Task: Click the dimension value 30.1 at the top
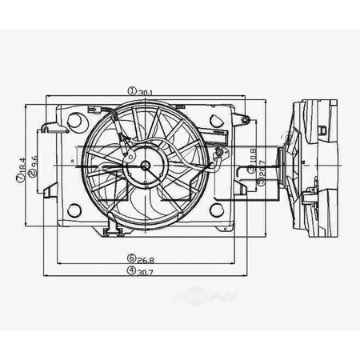tap(146, 92)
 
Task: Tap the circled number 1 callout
tap(131, 92)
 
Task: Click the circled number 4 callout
tap(130, 270)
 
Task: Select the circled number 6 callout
tap(130, 258)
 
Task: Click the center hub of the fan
tap(146, 166)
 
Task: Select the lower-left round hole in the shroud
tap(74, 210)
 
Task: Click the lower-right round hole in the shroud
tap(216, 210)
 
